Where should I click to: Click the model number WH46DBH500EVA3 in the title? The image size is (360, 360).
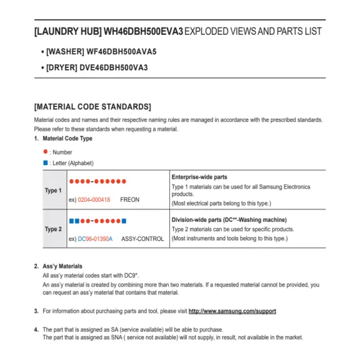click(x=143, y=31)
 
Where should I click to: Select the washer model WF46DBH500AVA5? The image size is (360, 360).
click(x=121, y=53)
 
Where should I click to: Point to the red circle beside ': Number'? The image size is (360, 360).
click(x=45, y=151)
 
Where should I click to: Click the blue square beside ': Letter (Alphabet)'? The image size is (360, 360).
click(x=45, y=163)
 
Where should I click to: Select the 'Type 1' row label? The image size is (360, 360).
click(x=53, y=191)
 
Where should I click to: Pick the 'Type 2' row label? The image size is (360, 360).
click(x=53, y=229)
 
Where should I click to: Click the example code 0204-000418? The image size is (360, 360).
click(x=94, y=199)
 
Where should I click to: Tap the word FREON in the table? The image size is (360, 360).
click(x=130, y=199)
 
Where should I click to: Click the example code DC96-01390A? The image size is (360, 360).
click(x=95, y=239)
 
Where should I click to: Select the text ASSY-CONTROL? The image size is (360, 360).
click(x=143, y=239)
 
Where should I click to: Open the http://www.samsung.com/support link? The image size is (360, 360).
click(x=232, y=311)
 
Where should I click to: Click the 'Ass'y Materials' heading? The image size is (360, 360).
click(x=62, y=266)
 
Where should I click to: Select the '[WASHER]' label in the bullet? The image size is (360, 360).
click(x=65, y=53)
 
